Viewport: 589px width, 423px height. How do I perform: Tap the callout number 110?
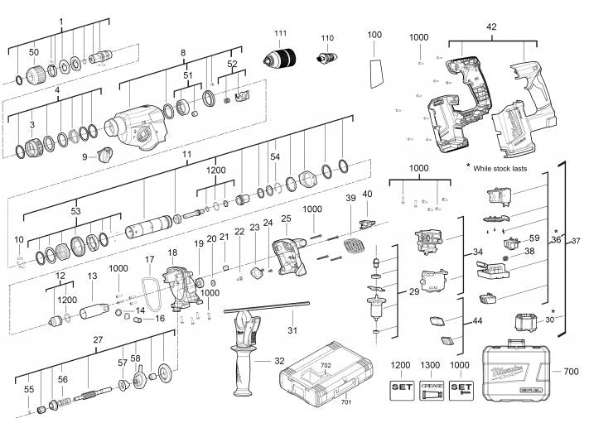click(327, 38)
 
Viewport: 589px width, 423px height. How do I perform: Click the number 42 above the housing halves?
click(491, 27)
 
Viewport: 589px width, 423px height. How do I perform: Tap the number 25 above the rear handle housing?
click(287, 219)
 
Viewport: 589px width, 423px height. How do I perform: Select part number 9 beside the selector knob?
click(84, 156)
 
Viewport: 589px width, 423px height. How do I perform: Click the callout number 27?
click(98, 339)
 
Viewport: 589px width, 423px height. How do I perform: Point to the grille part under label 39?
click(355, 245)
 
